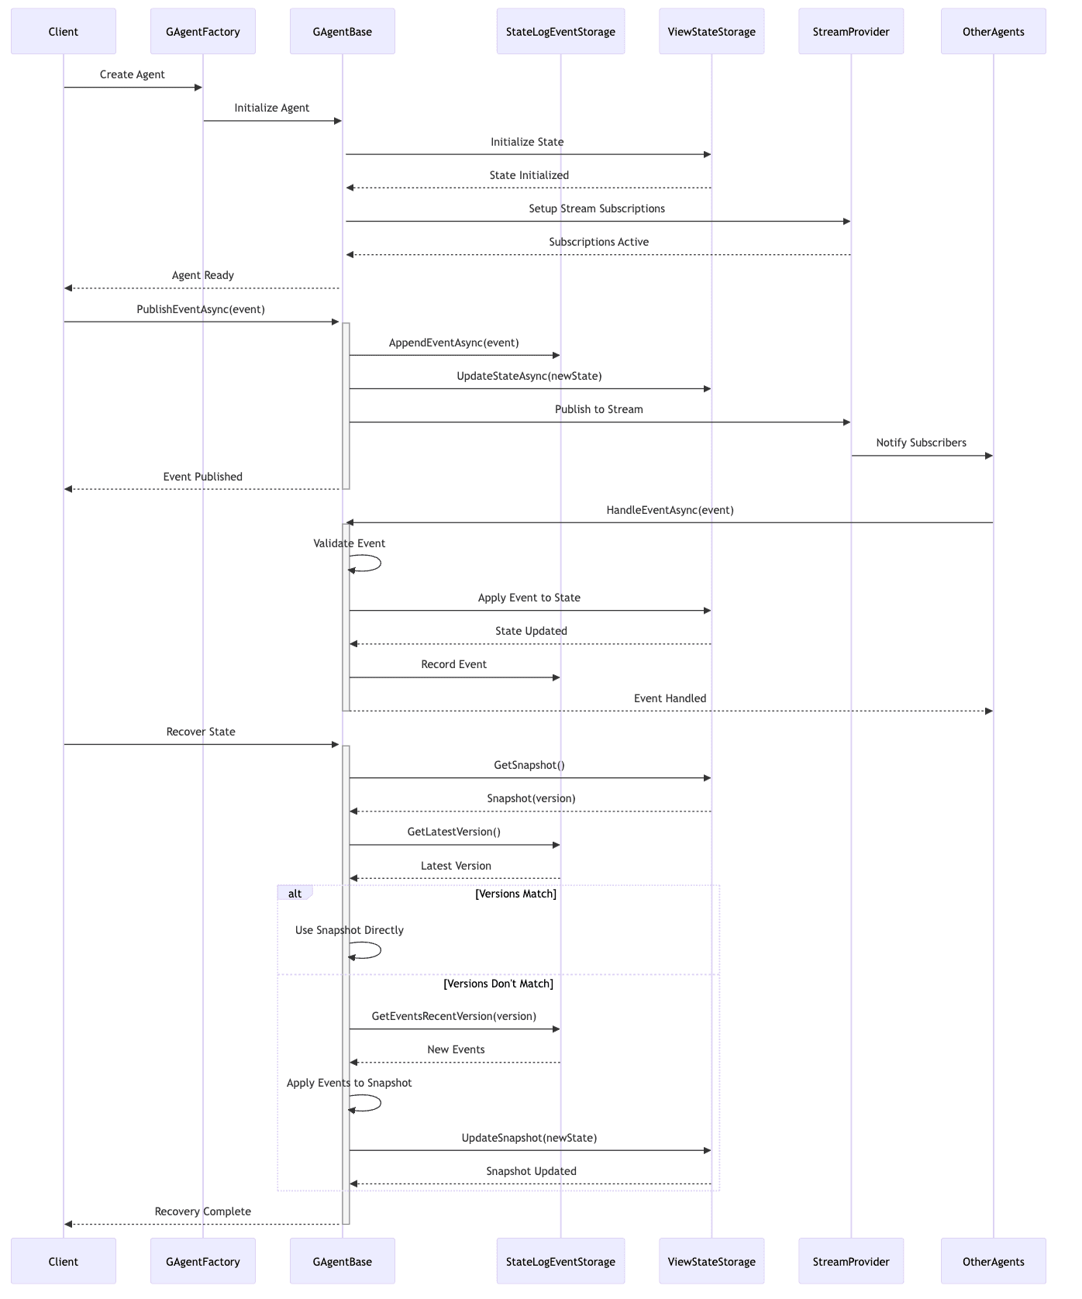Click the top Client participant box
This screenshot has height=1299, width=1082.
click(64, 32)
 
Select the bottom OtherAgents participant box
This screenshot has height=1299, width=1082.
click(994, 1261)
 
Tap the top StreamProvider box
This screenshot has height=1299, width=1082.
click(851, 32)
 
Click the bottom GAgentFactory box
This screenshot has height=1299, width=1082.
click(203, 1261)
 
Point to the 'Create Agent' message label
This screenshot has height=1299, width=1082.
click(133, 75)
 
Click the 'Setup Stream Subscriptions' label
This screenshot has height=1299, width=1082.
click(597, 209)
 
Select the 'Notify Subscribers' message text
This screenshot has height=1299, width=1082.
click(922, 443)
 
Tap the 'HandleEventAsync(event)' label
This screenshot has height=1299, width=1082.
click(670, 511)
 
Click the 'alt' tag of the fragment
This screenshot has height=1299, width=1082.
click(295, 894)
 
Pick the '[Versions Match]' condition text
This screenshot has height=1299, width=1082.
click(516, 894)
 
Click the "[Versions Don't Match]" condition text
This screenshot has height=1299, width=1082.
click(498, 984)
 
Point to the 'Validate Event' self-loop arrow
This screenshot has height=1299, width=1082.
click(381, 563)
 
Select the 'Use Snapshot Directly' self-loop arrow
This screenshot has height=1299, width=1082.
click(381, 950)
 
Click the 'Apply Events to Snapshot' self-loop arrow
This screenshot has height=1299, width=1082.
click(381, 1103)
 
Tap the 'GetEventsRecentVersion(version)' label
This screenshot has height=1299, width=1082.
click(454, 1016)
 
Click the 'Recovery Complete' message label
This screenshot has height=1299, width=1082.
click(203, 1212)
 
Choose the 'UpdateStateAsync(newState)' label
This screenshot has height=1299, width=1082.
click(529, 377)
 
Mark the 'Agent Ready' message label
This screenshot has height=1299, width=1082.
click(203, 276)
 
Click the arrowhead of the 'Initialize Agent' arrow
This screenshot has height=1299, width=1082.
click(338, 121)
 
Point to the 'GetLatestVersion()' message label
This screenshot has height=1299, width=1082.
click(454, 832)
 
